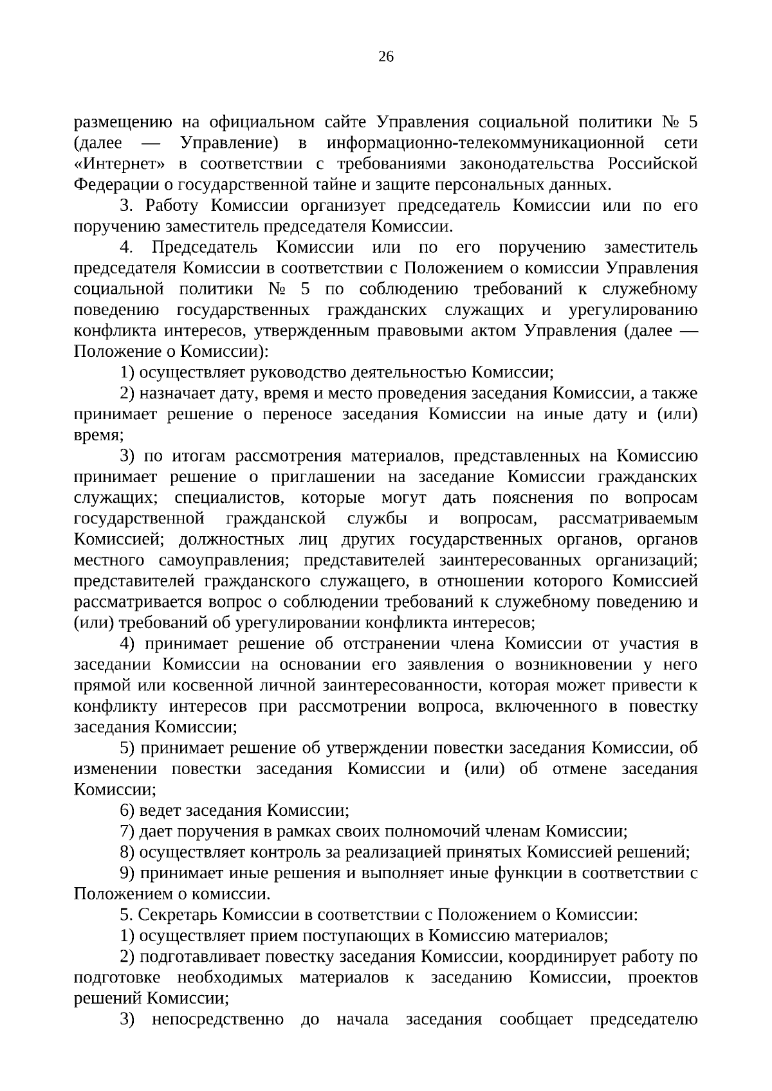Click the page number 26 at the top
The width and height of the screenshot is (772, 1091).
[386, 57]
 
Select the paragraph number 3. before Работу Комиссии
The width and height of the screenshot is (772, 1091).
[126, 206]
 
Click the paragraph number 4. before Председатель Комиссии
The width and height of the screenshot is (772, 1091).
[126, 248]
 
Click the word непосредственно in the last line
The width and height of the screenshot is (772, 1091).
[217, 1020]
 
